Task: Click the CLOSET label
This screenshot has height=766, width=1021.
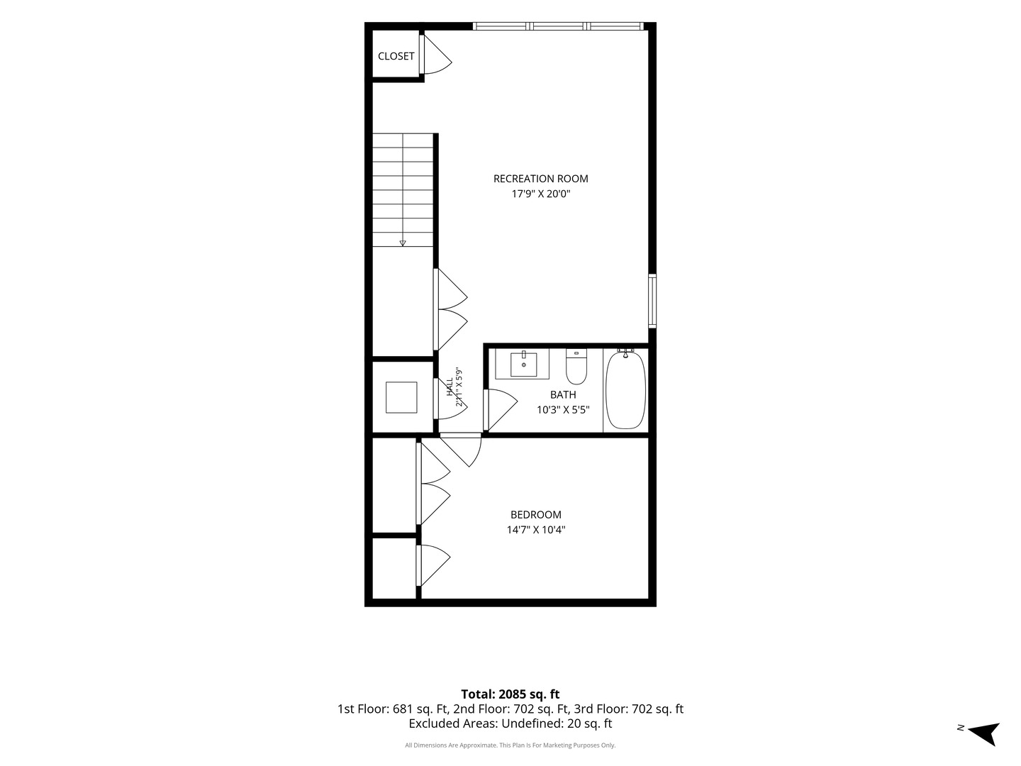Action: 396,56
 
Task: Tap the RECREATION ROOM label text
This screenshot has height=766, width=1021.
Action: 540,179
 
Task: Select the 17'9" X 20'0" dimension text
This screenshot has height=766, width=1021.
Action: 540,194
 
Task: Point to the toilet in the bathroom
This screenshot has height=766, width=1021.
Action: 576,367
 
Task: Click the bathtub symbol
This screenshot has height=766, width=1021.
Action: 625,390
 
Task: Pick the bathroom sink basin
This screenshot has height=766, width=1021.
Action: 523,365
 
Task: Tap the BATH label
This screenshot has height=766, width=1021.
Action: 563,395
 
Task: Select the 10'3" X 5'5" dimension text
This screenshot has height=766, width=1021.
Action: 563,410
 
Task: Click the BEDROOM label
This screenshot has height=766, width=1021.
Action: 536,514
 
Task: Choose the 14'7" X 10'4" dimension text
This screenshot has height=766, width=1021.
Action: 536,530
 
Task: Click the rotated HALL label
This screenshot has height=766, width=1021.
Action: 450,387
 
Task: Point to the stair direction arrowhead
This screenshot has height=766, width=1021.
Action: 403,243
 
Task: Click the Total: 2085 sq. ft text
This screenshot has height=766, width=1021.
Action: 510,694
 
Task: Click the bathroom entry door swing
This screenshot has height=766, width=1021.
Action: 501,410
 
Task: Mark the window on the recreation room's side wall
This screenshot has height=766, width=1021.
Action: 652,301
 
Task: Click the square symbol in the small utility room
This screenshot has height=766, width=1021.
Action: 401,397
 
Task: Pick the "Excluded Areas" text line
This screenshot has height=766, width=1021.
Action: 510,723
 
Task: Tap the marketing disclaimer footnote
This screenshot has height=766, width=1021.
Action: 510,745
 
